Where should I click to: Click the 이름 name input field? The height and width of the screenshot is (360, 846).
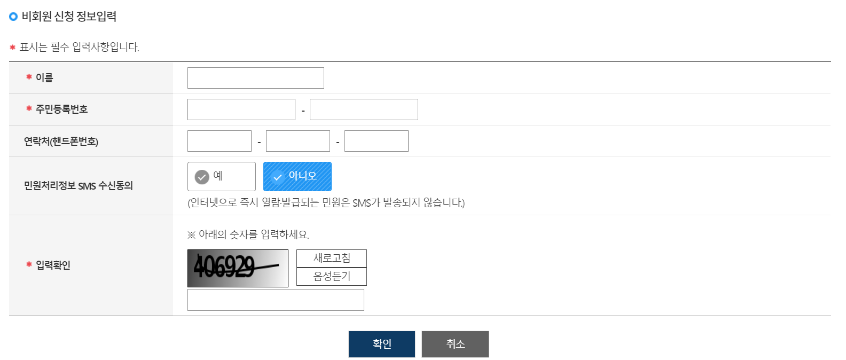click(255, 78)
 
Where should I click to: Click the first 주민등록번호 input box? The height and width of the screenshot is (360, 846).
click(241, 109)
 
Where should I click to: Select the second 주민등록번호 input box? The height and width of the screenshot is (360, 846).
click(364, 109)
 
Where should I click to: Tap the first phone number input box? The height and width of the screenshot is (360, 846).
click(219, 141)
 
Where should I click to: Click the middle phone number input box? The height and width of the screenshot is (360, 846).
click(297, 141)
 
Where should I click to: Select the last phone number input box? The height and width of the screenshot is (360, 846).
click(376, 141)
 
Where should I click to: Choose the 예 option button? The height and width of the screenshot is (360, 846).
click(221, 176)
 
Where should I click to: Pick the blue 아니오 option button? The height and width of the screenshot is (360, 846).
click(297, 176)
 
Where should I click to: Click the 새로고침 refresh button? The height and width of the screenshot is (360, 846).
click(331, 259)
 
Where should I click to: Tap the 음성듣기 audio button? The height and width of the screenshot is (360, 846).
click(331, 277)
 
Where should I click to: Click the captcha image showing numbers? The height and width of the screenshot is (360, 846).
click(238, 268)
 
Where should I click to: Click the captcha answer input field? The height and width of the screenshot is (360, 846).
click(276, 300)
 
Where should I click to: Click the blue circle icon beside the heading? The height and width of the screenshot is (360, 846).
click(13, 17)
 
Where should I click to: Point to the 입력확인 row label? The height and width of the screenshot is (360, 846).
click(53, 265)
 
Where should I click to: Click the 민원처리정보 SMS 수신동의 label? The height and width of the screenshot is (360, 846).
click(78, 186)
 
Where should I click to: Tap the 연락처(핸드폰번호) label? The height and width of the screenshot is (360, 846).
click(61, 142)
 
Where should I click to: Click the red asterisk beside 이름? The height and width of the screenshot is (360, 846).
click(29, 77)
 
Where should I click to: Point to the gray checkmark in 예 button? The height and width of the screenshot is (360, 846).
click(202, 177)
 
